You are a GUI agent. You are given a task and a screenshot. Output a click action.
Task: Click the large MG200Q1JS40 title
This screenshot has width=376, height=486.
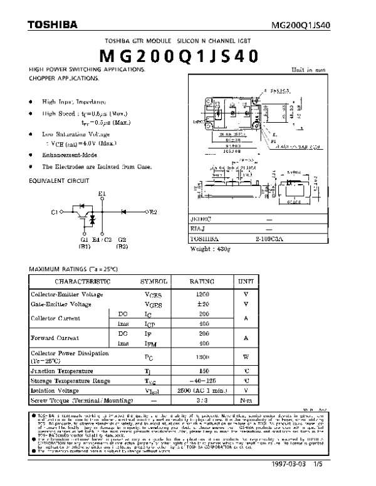point(188,55)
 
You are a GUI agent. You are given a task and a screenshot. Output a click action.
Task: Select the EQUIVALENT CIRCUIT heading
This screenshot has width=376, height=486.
point(59,180)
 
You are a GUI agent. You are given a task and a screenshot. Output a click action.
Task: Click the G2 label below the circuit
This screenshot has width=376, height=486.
point(122,239)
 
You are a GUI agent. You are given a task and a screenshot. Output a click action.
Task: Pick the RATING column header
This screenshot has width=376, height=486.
point(202,282)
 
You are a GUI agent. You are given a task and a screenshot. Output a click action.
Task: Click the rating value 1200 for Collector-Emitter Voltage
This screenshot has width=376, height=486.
point(202,294)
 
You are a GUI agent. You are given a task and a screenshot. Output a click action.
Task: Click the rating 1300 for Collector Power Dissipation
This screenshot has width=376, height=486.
point(202,356)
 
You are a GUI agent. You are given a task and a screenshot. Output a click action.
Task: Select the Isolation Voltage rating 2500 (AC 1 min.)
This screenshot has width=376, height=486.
point(202,390)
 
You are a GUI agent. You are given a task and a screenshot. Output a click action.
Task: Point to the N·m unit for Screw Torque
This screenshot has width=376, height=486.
point(246,400)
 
